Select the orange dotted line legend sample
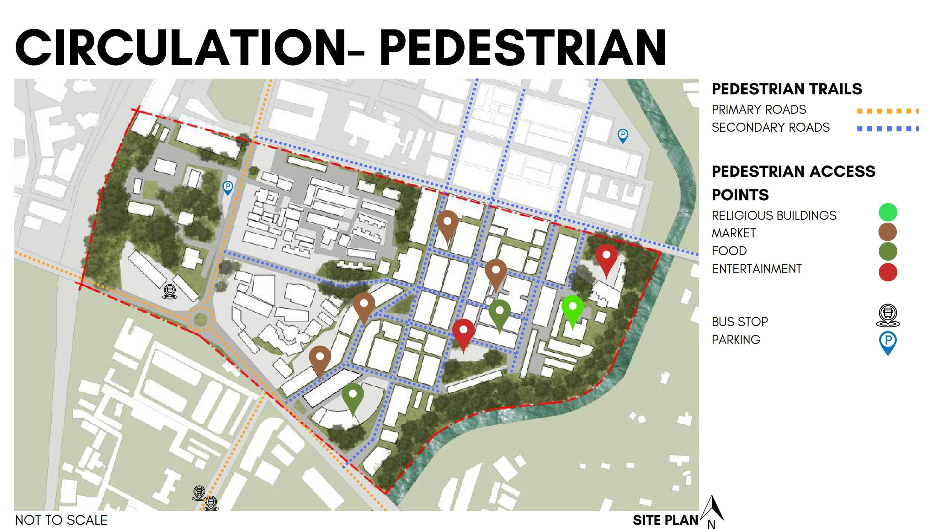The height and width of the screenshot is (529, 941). (887, 111)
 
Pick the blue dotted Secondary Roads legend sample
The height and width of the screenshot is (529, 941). (887, 129)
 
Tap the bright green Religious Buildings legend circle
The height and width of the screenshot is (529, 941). (888, 213)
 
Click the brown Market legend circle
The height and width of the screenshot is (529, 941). (888, 232)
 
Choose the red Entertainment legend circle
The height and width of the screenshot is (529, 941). (888, 272)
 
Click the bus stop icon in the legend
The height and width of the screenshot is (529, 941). (888, 315)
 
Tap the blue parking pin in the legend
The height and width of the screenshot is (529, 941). (888, 342)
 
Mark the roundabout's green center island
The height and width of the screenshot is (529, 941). (200, 320)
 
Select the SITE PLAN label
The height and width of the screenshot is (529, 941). (665, 520)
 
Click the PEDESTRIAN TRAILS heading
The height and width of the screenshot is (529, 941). (786, 89)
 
